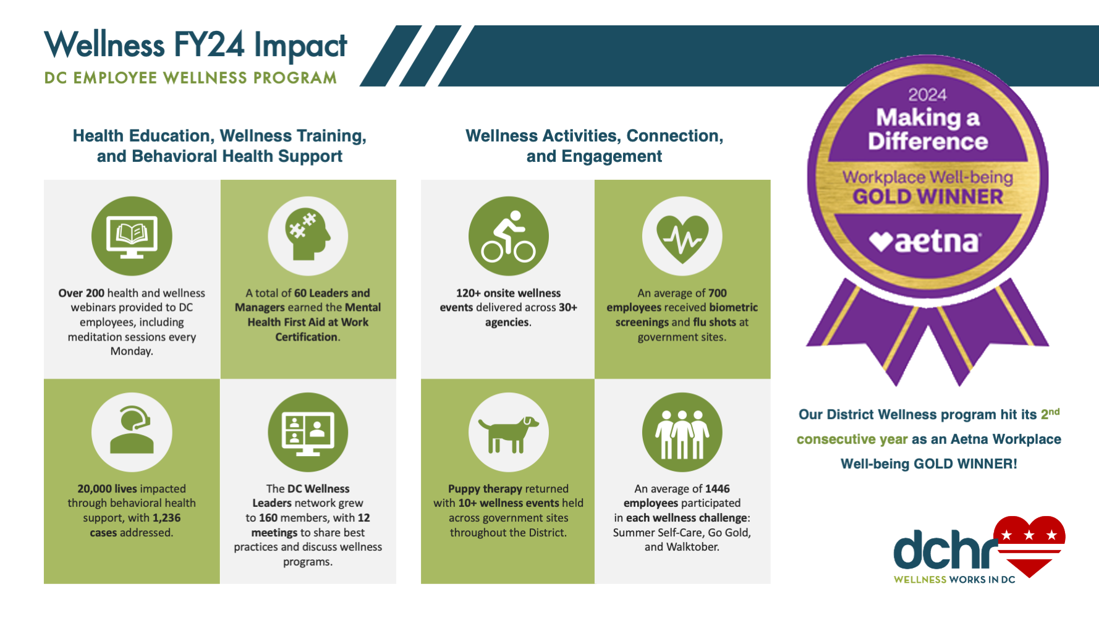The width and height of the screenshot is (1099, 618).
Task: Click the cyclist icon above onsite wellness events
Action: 508,237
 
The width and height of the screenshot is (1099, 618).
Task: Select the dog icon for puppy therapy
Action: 508,432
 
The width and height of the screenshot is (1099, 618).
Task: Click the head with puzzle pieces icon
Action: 308,236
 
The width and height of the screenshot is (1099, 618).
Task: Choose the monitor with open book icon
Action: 132,236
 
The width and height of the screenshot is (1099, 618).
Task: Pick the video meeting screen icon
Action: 308,432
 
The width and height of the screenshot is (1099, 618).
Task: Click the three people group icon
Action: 682,432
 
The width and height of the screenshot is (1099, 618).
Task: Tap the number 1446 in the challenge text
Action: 717,489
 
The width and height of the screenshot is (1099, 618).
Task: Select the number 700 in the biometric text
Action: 717,293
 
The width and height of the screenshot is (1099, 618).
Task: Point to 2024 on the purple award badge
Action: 927,95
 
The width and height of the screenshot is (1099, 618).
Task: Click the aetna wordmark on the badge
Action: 936,242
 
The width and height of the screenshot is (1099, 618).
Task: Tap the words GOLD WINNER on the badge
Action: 928,197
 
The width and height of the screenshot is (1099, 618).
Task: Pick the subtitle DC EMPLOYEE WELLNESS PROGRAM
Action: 190,78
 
